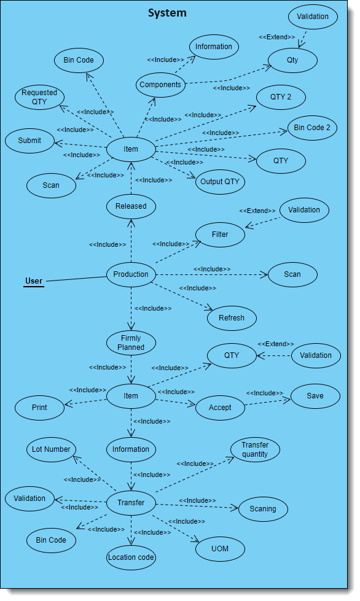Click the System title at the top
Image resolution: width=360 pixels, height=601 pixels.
coord(167,13)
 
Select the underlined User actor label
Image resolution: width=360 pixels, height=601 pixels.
coord(34,281)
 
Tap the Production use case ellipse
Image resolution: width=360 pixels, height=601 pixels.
coord(131,274)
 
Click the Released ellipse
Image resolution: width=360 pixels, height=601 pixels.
coord(131,206)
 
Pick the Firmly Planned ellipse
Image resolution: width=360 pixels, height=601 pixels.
coord(131,343)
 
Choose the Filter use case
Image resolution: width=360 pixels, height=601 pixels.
coord(220,235)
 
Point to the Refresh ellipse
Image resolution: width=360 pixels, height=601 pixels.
coord(232,318)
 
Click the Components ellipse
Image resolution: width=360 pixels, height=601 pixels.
coord(160,85)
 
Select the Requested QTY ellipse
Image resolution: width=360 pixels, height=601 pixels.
coord(39,97)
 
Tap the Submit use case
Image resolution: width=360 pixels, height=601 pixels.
coord(29,140)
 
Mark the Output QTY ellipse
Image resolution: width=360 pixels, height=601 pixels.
coord(220,182)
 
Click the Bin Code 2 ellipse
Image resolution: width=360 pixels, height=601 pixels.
coord(312,128)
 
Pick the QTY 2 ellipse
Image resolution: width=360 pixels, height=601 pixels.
coord(280,97)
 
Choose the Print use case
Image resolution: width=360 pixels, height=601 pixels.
coord(39,406)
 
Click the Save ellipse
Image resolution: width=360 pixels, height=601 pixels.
coord(315,396)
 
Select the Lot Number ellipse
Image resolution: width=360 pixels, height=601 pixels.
coord(52,449)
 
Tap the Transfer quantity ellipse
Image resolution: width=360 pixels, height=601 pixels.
coord(255,450)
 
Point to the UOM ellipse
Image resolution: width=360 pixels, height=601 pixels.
coord(220,548)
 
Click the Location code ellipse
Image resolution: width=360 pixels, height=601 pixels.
coord(131,557)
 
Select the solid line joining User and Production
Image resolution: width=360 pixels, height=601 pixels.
coord(76,279)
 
